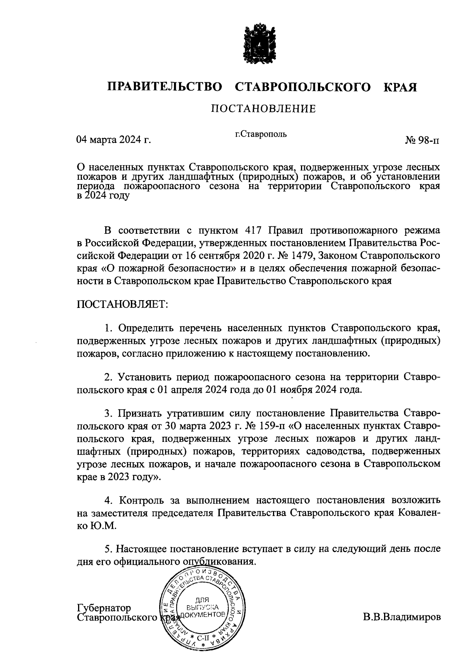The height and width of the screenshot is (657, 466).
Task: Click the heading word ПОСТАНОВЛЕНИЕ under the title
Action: click(x=263, y=109)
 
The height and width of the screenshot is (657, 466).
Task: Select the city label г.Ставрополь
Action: click(x=261, y=134)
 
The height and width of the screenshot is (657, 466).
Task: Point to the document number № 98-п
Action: click(x=423, y=140)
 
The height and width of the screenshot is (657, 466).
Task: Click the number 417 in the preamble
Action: click(x=255, y=231)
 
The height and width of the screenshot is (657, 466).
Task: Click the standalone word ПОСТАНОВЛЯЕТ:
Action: click(x=123, y=304)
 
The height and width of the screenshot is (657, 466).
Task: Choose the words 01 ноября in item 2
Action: click(x=286, y=389)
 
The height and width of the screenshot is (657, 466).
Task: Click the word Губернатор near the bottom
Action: click(x=104, y=608)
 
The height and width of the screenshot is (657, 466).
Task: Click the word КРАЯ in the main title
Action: click(x=400, y=87)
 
